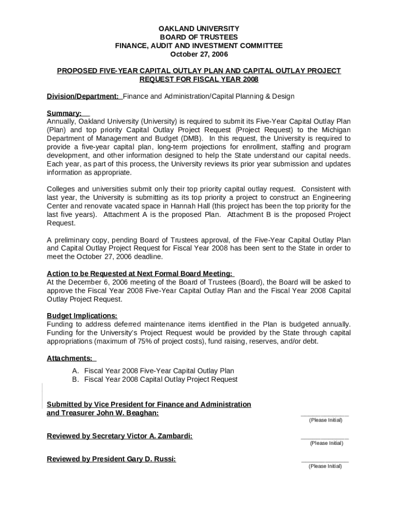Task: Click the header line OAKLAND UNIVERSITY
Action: pos(198,28)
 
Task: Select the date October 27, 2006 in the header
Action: pos(198,54)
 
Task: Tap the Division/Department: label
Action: pos(83,96)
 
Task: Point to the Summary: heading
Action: pos(64,113)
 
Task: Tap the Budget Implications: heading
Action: pos(82,316)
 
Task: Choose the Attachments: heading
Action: pos(70,358)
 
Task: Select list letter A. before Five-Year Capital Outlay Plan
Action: pos(75,371)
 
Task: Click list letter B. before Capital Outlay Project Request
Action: pos(75,379)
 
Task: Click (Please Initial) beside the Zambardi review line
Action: pos(326,443)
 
